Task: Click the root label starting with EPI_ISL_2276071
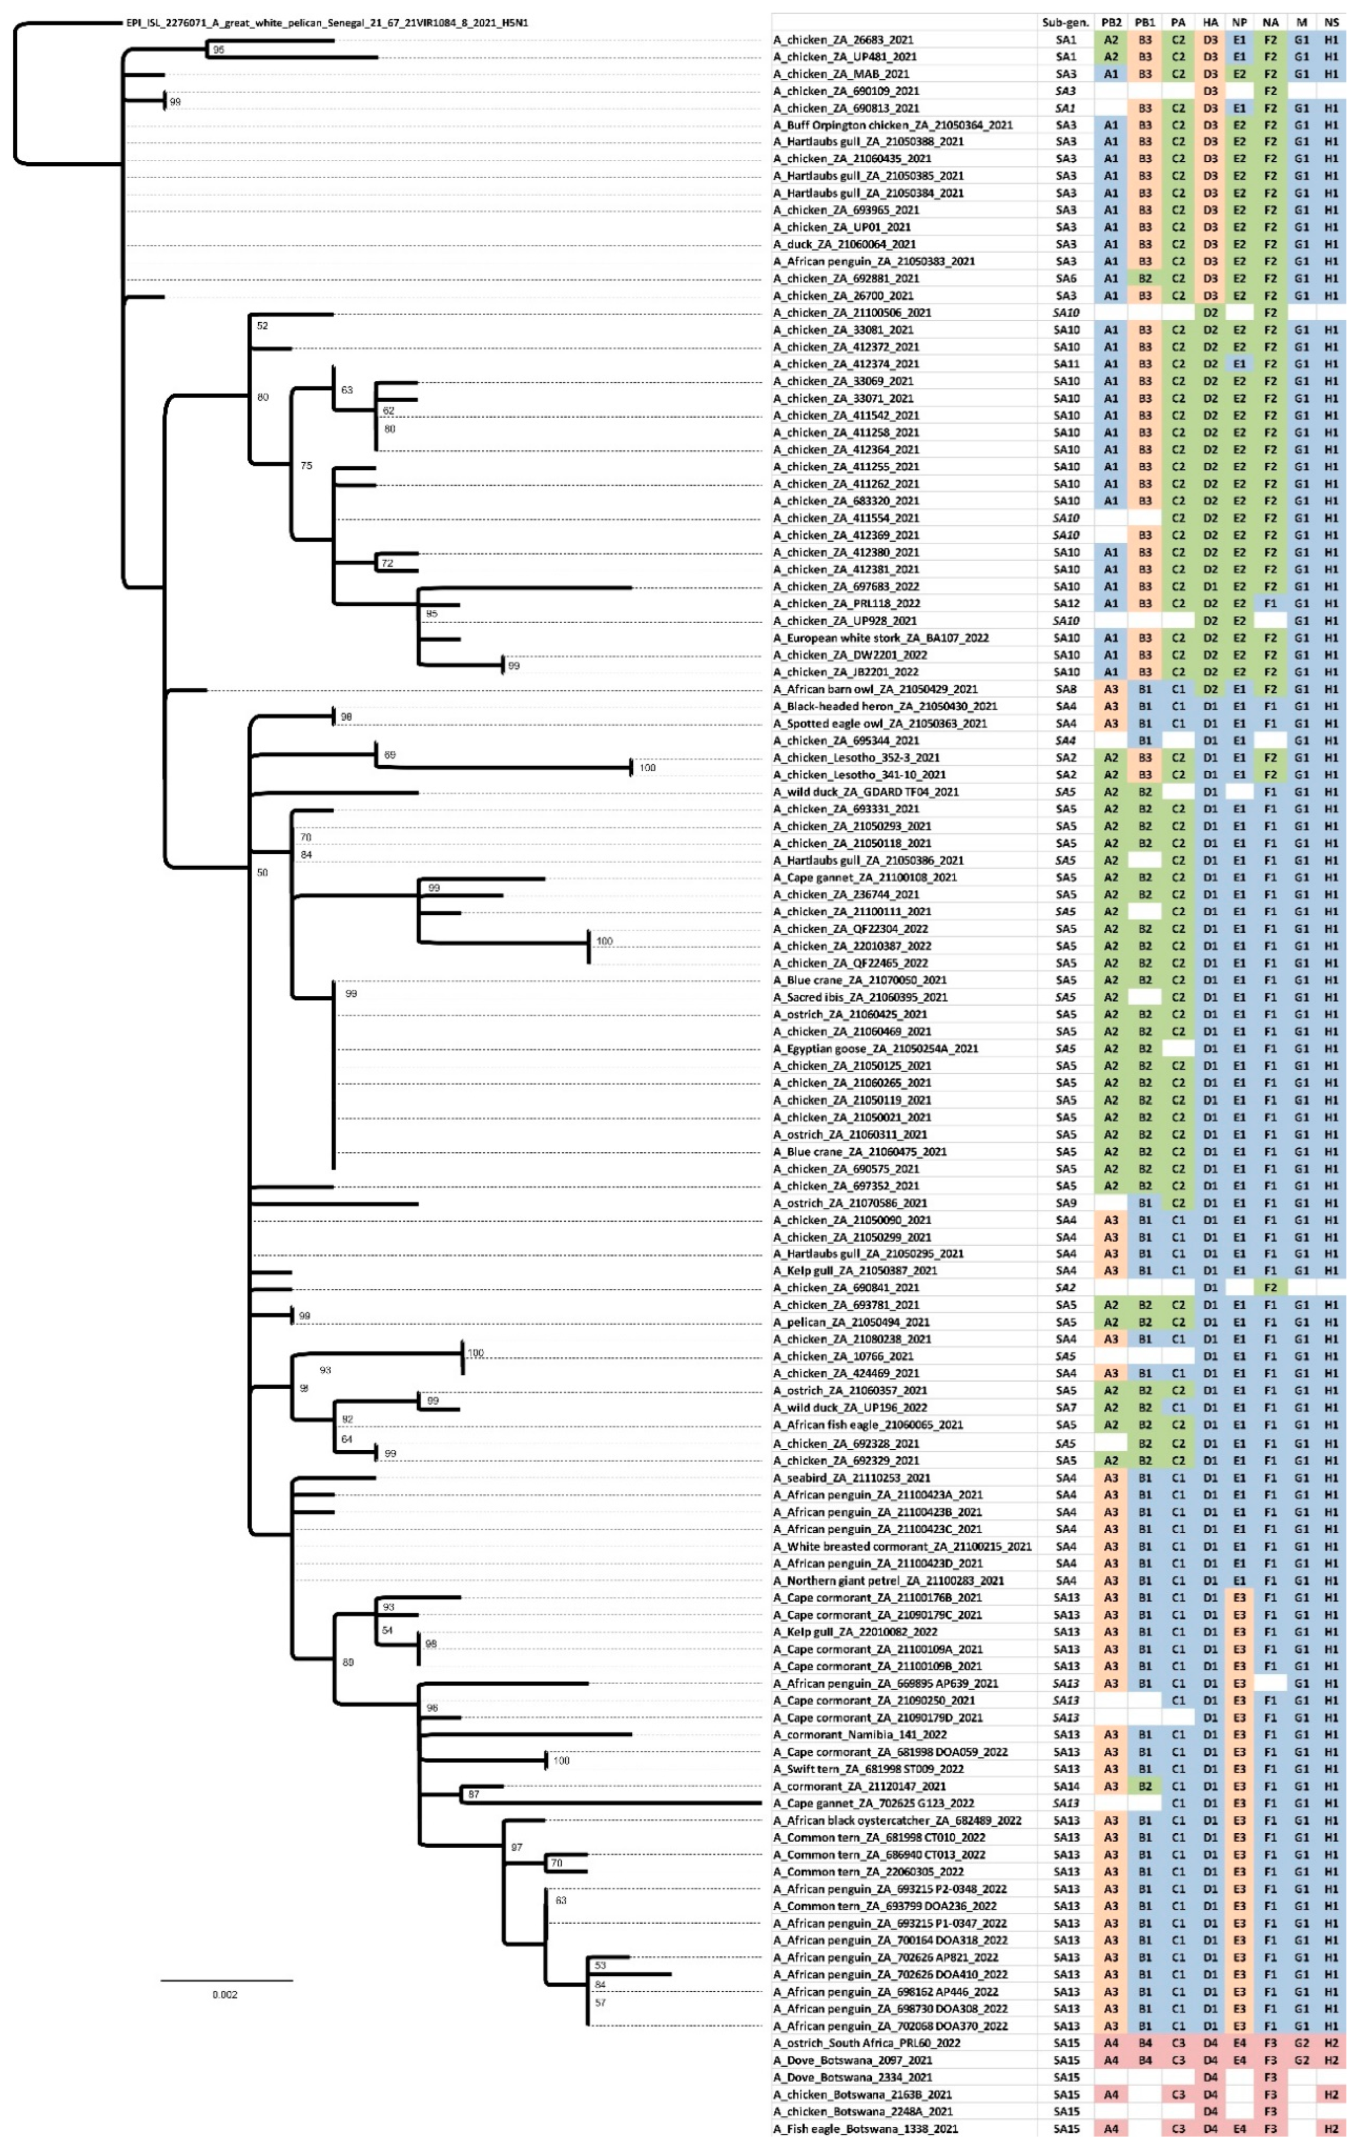[x=326, y=23]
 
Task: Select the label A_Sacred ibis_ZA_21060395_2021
[x=860, y=997]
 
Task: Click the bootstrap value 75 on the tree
[x=307, y=466]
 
